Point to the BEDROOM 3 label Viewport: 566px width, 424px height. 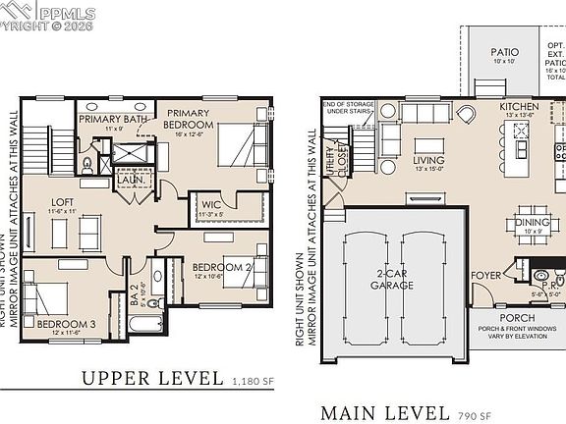pos(68,323)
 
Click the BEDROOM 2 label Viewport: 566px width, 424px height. pos(222,267)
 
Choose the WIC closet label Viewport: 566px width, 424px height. pos(209,205)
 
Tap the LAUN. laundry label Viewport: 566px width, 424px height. pos(132,180)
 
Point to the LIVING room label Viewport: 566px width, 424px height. pos(428,160)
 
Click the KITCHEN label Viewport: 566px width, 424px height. pos(519,106)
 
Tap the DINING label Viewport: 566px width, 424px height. pos(532,223)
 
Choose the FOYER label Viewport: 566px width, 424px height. pos(486,276)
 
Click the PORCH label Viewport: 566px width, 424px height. pos(517,317)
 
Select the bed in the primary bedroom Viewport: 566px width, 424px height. pos(236,149)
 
